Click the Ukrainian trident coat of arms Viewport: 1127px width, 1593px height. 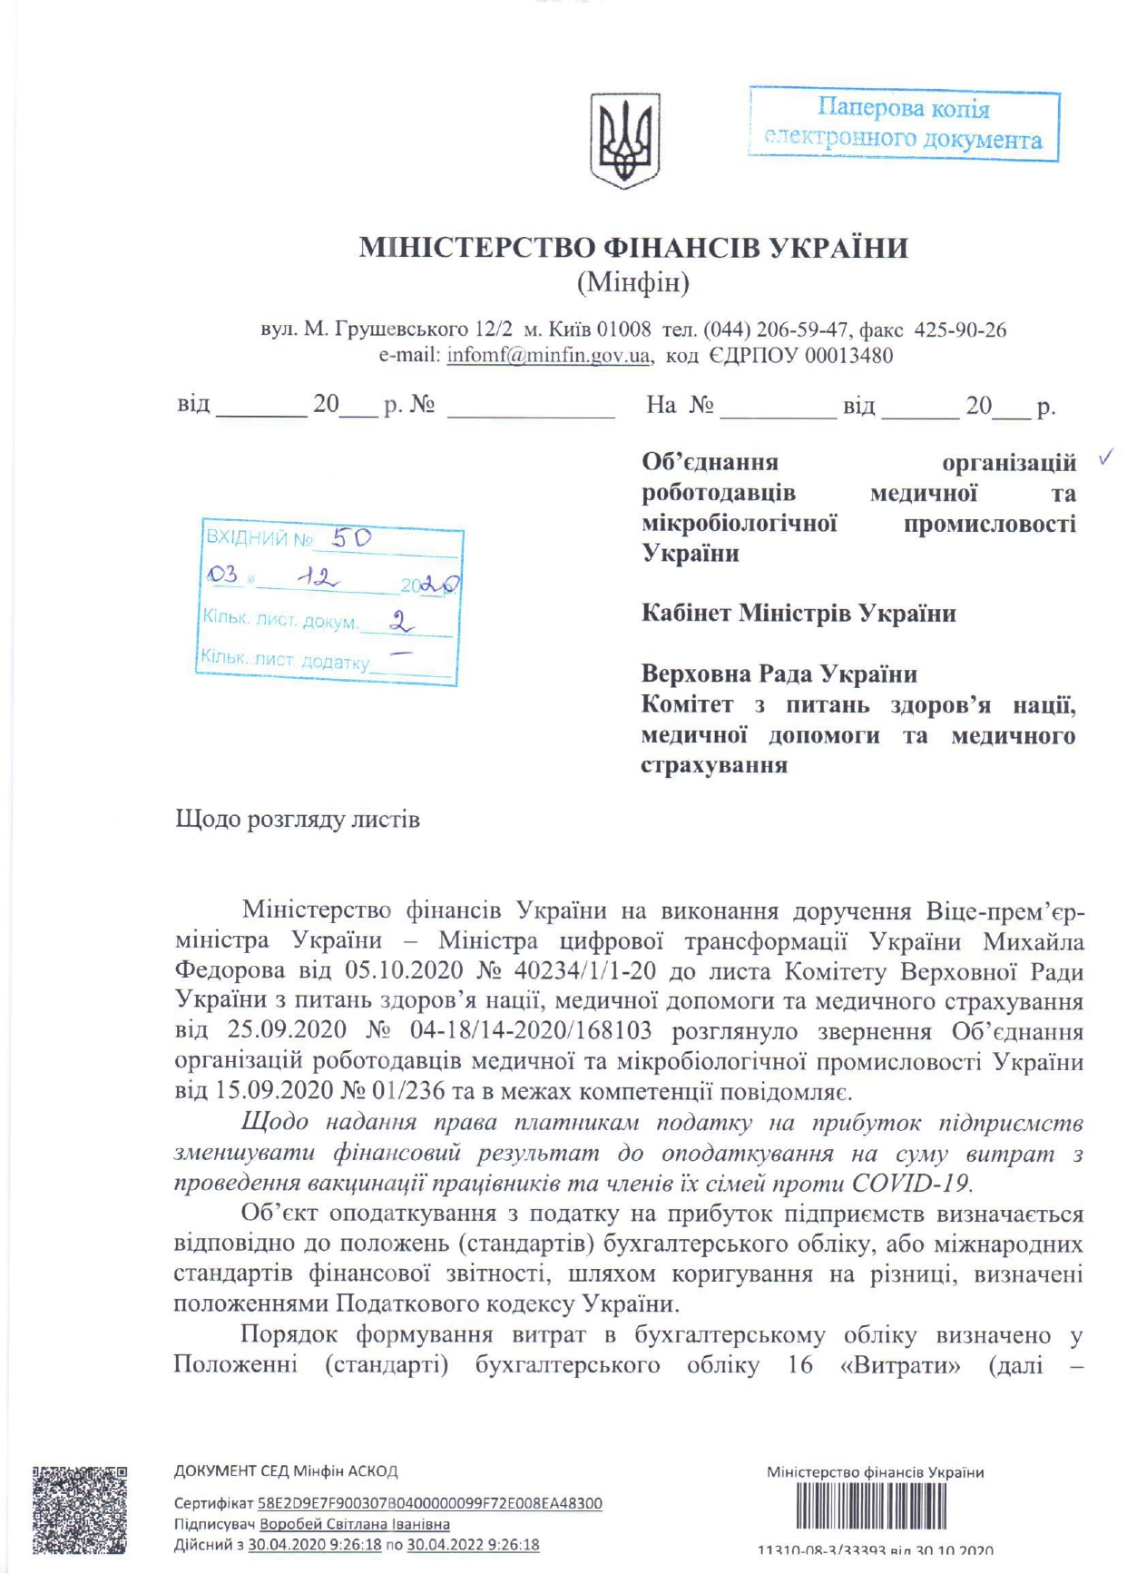(624, 140)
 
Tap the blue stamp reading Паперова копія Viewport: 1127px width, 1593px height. (904, 124)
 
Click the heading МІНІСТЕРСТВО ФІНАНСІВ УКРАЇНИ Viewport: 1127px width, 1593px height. (633, 248)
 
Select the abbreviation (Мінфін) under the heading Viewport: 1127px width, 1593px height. (633, 283)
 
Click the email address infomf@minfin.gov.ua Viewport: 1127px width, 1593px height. (548, 355)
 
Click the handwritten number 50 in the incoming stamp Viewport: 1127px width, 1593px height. (351, 538)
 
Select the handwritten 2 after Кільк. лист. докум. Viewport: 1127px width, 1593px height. (399, 622)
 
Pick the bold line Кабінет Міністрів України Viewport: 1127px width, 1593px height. (799, 614)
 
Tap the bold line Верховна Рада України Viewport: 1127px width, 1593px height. (779, 674)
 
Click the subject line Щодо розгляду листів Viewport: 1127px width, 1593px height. (297, 820)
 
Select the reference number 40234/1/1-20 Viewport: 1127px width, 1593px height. (584, 971)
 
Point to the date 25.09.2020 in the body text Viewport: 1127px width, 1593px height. (287, 1031)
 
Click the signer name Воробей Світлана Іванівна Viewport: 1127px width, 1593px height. (355, 1524)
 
